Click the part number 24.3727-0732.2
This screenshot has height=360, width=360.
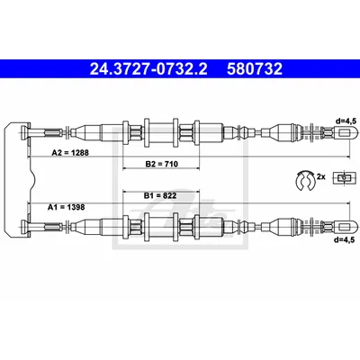(148, 69)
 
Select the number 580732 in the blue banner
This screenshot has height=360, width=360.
(255, 69)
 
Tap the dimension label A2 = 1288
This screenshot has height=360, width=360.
(70, 153)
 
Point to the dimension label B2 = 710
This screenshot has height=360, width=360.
(162, 164)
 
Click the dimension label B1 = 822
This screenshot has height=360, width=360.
(160, 196)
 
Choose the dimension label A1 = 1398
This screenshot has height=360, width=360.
(67, 207)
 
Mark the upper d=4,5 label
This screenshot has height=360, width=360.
(346, 121)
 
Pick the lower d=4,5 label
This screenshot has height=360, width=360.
(345, 239)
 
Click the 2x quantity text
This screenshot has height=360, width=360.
(320, 176)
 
